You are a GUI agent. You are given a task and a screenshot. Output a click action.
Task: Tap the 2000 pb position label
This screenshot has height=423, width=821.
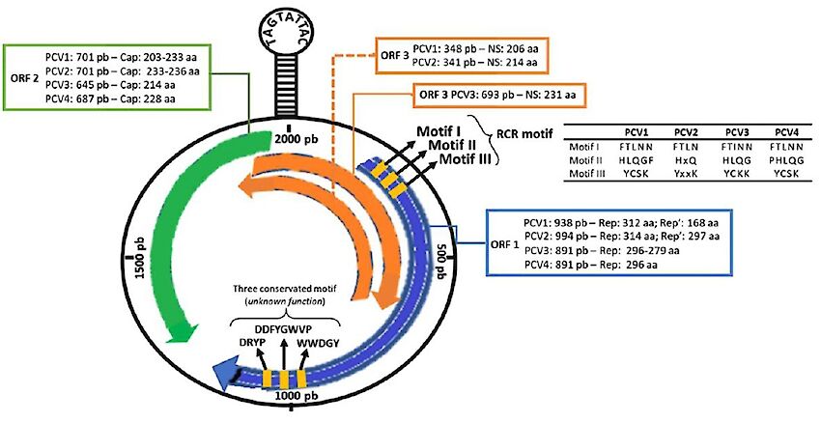coord(297,139)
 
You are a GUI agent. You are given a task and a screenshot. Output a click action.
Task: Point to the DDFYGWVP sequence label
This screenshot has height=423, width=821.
coord(284,329)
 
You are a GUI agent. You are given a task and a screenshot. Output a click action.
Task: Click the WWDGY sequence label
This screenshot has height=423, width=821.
coord(319,344)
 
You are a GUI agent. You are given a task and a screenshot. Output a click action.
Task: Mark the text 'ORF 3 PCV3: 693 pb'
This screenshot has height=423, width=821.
coord(462,96)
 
